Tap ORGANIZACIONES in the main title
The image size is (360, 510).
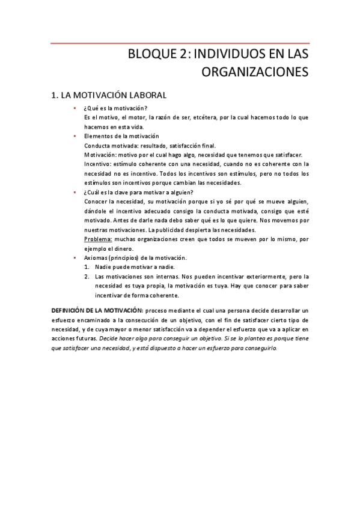pos(255,72)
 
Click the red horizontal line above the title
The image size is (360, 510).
pos(180,43)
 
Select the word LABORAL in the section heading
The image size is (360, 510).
pos(144,95)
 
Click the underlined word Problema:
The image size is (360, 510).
pos(97,239)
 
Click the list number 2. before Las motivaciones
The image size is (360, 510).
pos(87,276)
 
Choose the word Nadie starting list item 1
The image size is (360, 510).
pos(103,266)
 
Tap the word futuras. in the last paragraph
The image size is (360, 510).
pos(86,338)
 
